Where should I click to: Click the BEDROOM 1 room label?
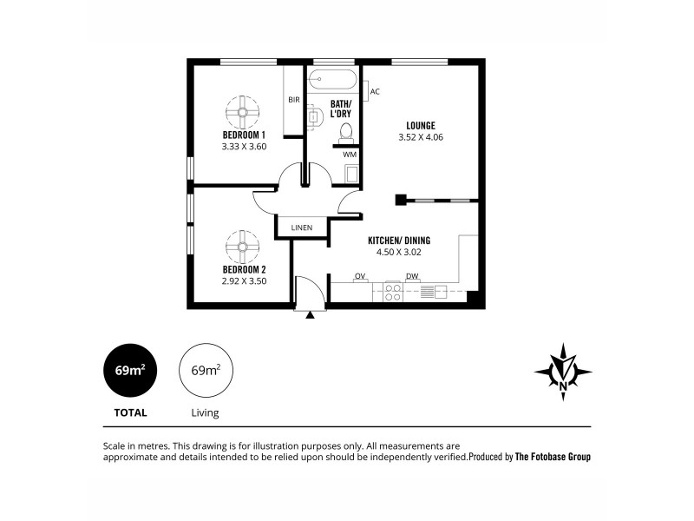243,135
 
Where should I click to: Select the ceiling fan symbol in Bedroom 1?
243,111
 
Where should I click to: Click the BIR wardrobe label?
294,100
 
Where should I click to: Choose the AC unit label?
374,90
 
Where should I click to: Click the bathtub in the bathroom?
333,80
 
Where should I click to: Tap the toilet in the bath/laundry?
345,132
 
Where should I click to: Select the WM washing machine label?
349,155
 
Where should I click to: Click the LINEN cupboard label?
302,228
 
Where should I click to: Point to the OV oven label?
359,276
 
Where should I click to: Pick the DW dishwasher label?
412,276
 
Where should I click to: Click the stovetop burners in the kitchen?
392,291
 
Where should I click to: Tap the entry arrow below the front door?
310,315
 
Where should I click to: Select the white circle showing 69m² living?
206,370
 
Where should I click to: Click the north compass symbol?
564,371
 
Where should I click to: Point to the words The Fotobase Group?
553,456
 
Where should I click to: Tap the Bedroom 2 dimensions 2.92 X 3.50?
243,281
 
